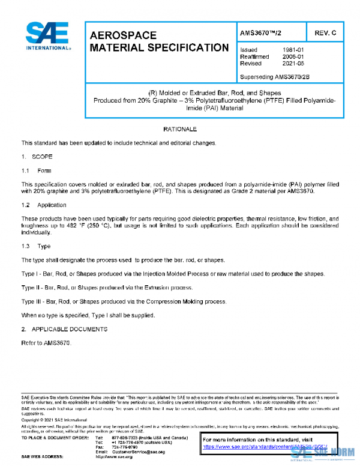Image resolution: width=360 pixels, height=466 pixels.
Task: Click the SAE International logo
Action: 47,36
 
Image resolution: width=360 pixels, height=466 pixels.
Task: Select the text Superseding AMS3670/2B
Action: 274,77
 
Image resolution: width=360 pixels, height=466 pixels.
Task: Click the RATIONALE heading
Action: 180,130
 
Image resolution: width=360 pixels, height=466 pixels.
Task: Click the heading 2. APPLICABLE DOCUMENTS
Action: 64,329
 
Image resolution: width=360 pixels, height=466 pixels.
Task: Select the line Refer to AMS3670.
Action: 46,343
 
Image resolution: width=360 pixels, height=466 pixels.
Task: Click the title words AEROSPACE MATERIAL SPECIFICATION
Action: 158,41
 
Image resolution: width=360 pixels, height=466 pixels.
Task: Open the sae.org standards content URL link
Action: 264,447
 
